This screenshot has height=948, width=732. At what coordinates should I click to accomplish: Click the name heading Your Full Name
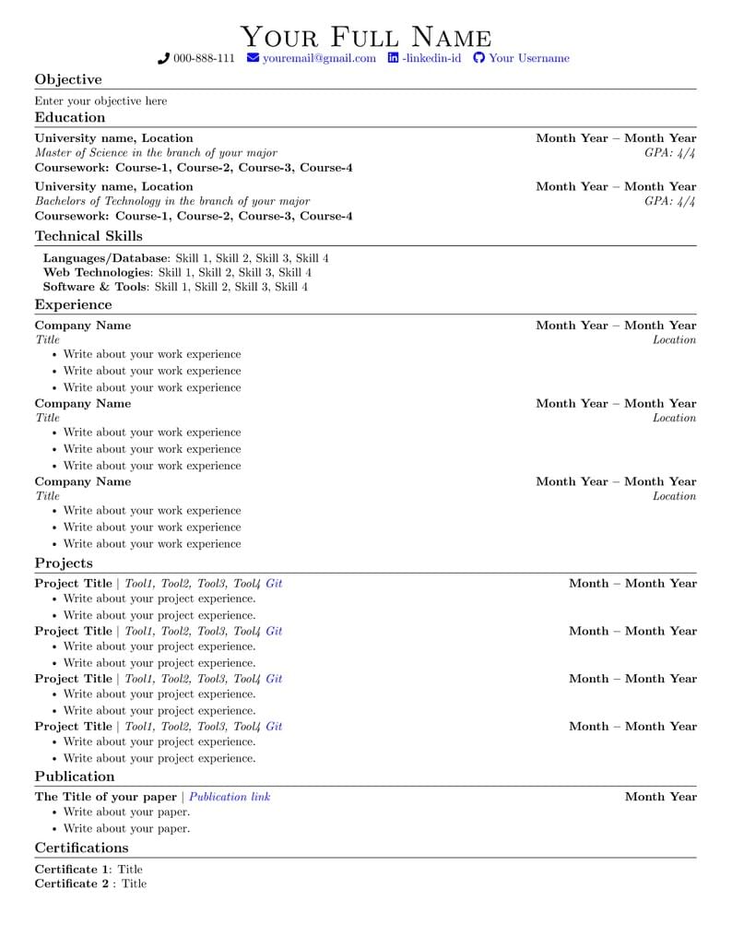pos(366,37)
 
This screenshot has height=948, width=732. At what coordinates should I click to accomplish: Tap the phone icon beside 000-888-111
pos(164,58)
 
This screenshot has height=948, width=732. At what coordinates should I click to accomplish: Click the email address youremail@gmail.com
pos(319,58)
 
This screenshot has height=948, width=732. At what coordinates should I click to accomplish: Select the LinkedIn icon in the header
pos(394,58)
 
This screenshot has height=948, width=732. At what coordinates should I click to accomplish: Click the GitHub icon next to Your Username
pos(478,58)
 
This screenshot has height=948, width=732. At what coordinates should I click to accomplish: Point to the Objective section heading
pos(68,79)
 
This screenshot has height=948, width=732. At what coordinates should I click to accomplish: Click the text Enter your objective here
pos(101,101)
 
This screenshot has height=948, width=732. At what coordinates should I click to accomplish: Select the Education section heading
pos(70,117)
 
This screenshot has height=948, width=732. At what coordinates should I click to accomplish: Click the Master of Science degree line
pos(156,152)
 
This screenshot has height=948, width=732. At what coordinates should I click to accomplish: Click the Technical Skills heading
pos(89,236)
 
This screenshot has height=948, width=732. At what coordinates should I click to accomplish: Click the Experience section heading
pos(73,304)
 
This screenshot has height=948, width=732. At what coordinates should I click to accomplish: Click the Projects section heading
pos(64,563)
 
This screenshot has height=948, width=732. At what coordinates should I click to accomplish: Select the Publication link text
pos(230,797)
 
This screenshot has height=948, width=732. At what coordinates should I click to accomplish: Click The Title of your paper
pos(105,797)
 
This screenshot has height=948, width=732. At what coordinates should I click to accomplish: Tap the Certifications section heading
pos(81,847)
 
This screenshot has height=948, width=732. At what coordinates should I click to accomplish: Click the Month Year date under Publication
pos(660,797)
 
